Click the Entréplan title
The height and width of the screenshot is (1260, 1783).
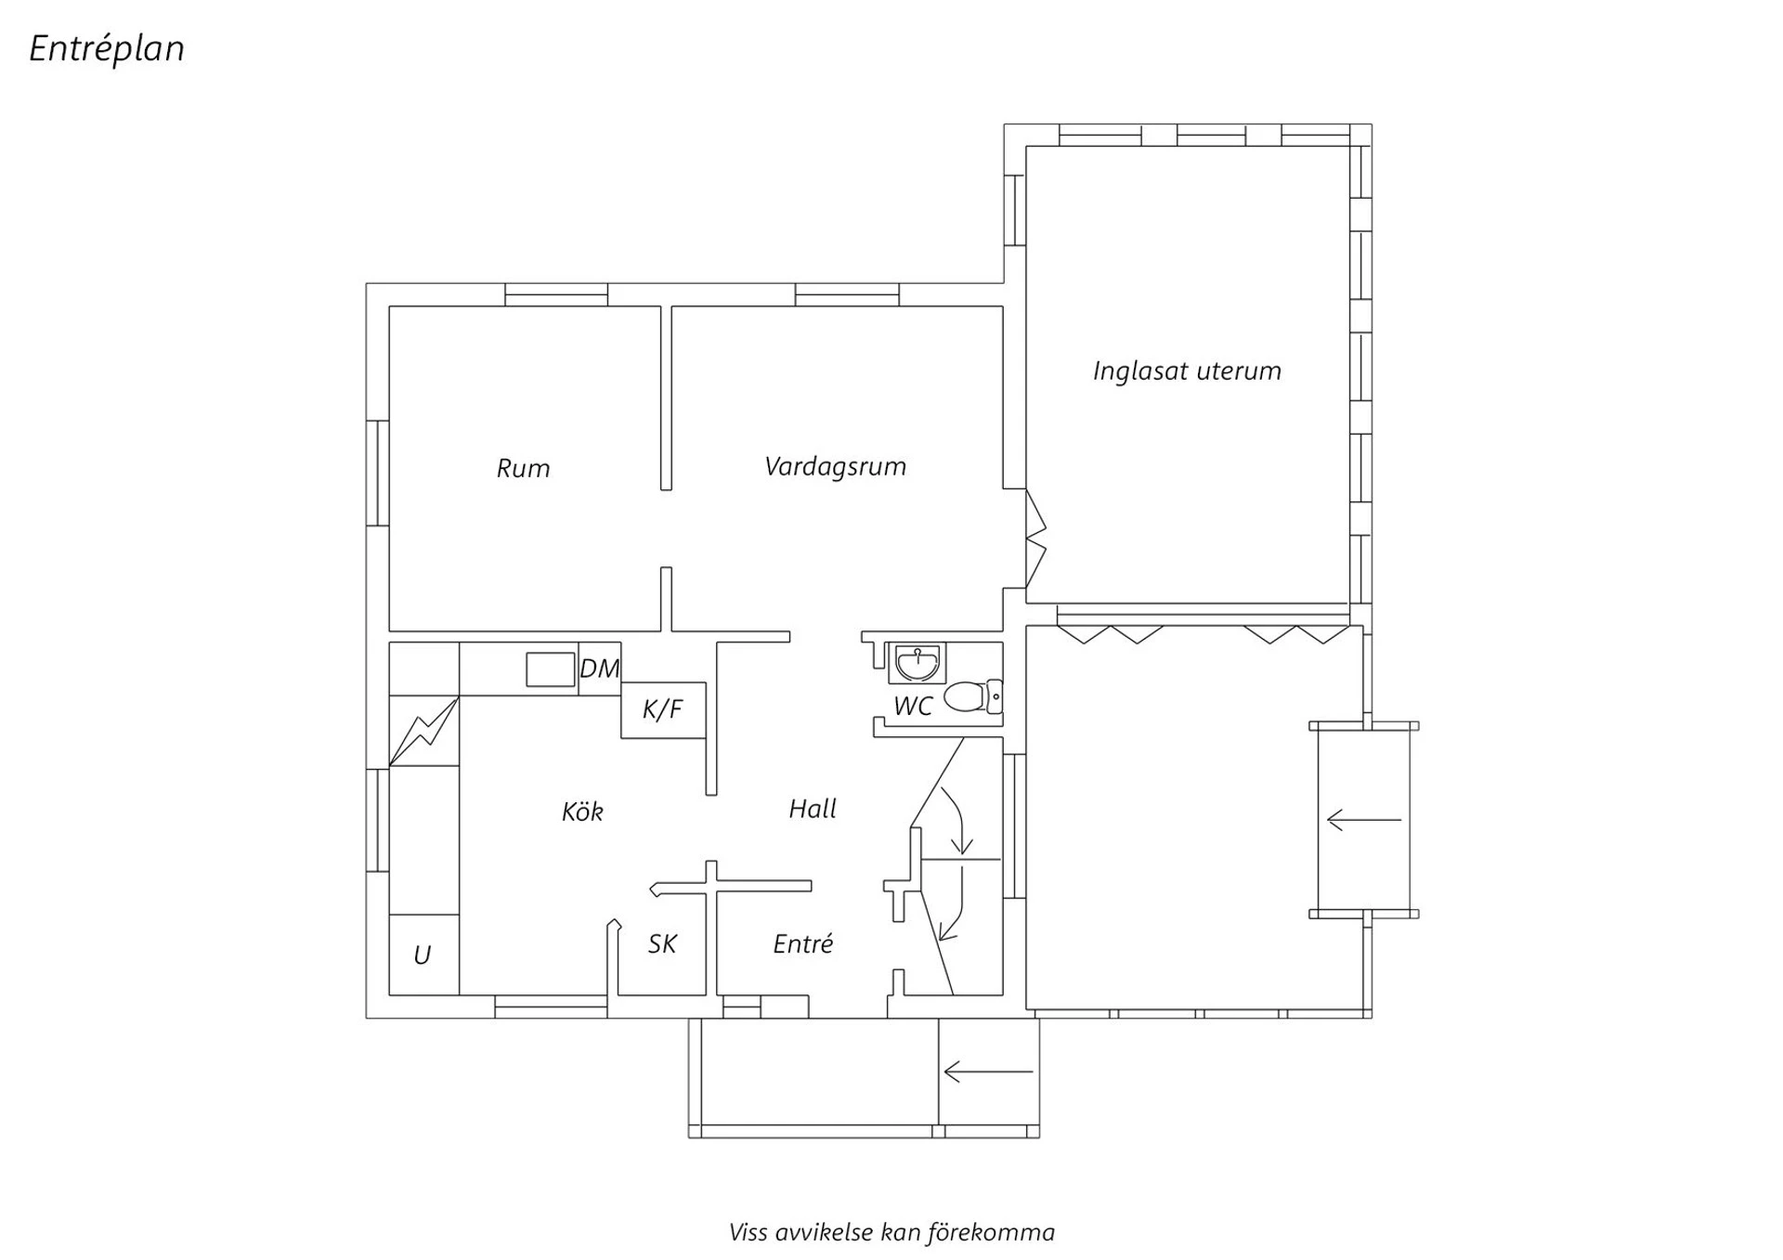point(107,49)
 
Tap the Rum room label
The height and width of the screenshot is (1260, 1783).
point(523,468)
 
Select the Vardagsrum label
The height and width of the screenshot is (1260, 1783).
point(835,467)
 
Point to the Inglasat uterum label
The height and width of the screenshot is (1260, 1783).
point(1187,371)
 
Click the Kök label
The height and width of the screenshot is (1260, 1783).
point(582,812)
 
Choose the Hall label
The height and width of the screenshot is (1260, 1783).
point(813,809)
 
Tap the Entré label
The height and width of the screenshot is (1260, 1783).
point(803,943)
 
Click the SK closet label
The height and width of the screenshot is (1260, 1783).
point(662,944)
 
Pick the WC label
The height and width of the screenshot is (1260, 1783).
point(912,707)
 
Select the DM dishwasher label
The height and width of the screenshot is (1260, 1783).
point(599,669)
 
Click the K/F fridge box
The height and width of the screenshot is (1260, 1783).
point(663,710)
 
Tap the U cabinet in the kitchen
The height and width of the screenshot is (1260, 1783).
point(423,955)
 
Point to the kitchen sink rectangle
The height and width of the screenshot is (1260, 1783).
point(551,669)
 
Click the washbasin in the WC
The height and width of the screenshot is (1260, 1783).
point(917,663)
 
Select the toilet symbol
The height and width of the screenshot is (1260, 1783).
point(973,696)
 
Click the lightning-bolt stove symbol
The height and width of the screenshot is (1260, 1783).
point(423,731)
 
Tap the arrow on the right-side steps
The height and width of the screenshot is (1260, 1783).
point(1364,820)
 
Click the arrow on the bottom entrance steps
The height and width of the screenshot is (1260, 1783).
point(988,1072)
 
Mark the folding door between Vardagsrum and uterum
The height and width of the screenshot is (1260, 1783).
point(1035,539)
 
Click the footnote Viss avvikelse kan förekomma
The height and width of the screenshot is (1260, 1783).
point(891,1232)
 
